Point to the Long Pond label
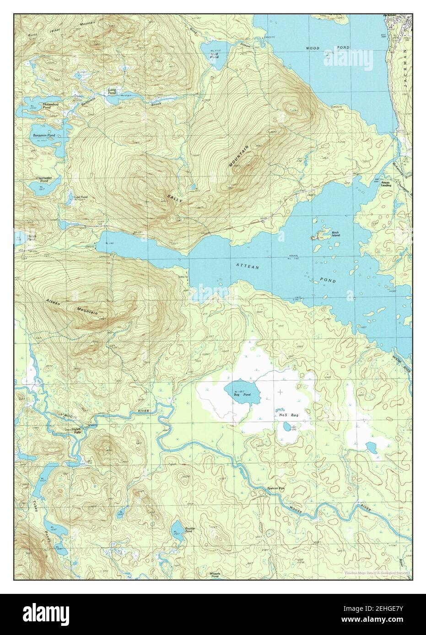112,91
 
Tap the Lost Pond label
81,197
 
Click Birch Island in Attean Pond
335,234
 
